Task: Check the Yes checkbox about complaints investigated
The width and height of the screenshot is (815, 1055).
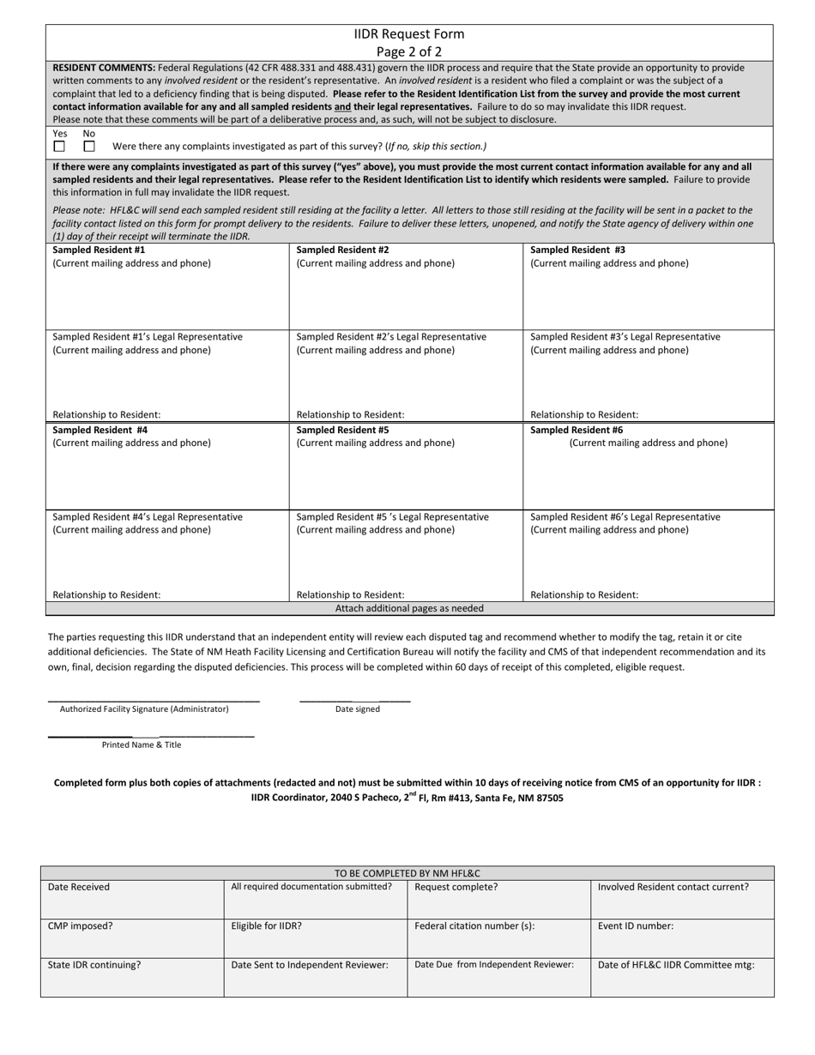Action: pos(59,147)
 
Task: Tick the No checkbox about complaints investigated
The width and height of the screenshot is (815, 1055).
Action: pos(89,147)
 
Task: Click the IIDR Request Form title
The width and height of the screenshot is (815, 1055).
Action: pos(409,34)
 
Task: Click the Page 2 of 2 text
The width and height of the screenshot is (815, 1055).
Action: pos(409,51)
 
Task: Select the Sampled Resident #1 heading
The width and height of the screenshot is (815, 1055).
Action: pos(99,250)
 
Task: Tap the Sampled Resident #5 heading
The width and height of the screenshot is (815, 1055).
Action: pos(342,430)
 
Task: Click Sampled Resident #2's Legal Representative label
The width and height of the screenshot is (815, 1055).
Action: pos(391,337)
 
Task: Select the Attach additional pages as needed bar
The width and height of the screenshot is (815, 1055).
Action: pos(409,608)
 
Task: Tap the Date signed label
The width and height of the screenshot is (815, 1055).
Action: pos(357,709)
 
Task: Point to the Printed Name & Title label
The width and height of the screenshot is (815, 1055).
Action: pos(142,745)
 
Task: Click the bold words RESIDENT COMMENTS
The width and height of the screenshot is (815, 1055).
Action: pos(104,67)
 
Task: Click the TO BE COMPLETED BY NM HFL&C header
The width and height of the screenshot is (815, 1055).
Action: pos(407,873)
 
